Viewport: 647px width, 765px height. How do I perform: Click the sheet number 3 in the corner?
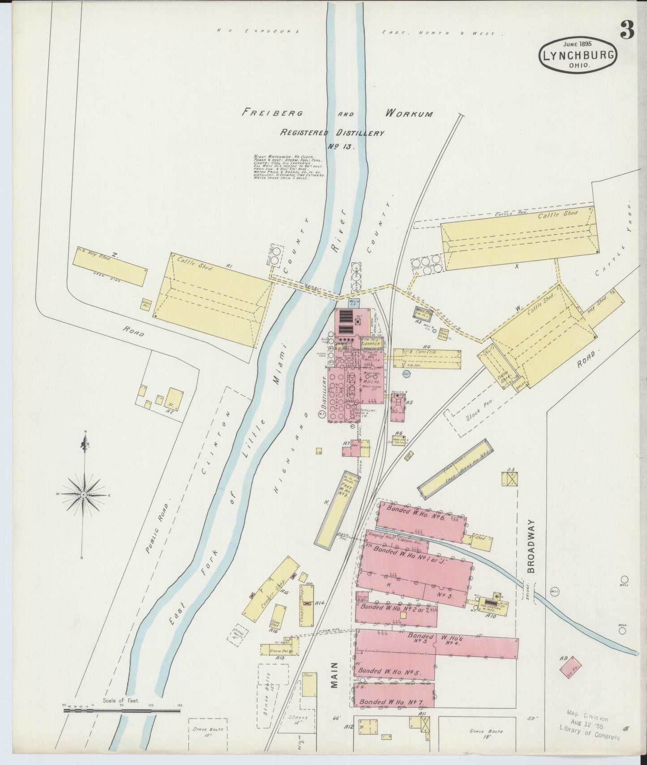(627, 30)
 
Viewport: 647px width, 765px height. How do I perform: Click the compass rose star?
(84, 494)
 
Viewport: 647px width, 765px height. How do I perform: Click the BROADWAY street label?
(531, 546)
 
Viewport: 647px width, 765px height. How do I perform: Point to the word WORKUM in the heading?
(408, 113)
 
